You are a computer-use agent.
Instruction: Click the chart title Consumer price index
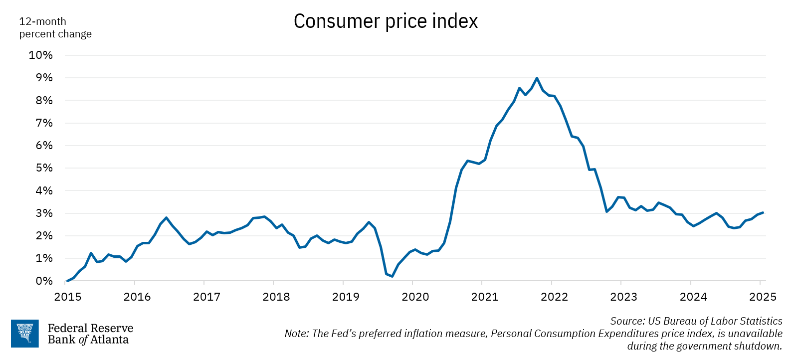(x=386, y=21)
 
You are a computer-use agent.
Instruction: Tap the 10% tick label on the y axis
(x=40, y=55)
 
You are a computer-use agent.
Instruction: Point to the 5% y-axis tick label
(x=44, y=168)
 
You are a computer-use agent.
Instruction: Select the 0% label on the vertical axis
(x=44, y=281)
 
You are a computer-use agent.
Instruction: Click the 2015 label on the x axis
(x=67, y=297)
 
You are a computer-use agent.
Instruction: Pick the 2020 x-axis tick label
(x=415, y=297)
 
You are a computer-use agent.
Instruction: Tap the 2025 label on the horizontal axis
(x=763, y=297)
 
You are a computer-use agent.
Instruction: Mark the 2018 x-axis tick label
(x=276, y=297)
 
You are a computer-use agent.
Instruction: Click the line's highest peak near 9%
(x=537, y=78)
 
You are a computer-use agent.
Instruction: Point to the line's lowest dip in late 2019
(x=392, y=276)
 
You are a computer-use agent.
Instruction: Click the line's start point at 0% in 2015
(x=67, y=281)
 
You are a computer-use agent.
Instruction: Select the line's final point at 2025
(x=763, y=212)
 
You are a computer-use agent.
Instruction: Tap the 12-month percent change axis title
(x=55, y=27)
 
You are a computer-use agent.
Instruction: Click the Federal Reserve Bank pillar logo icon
(x=25, y=334)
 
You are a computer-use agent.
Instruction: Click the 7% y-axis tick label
(x=44, y=123)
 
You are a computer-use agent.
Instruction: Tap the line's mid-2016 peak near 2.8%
(x=166, y=218)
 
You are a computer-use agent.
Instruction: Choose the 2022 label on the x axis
(x=554, y=297)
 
